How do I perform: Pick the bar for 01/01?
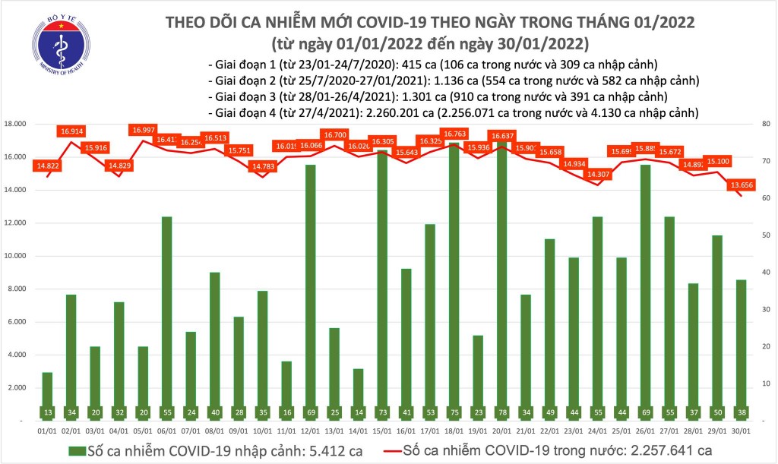pyautogui.click(x=47, y=396)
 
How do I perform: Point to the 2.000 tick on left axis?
pyautogui.click(x=20, y=387)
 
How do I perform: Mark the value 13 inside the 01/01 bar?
pyautogui.click(x=47, y=412)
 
